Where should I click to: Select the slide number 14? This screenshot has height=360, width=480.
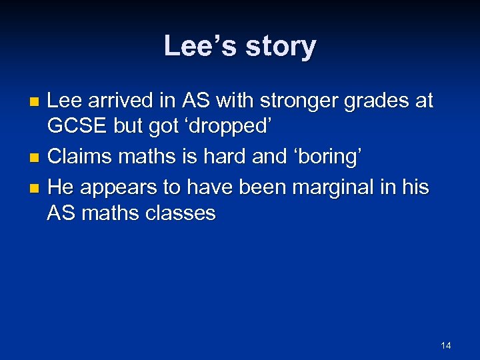[446, 345]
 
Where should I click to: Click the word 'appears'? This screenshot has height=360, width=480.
[115, 187]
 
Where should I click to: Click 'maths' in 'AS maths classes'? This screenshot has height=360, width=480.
[107, 213]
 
